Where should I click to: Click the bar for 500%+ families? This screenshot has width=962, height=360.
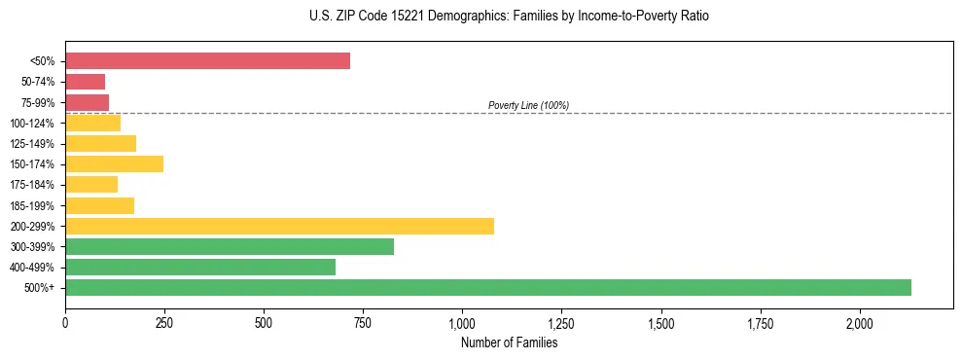point(487,287)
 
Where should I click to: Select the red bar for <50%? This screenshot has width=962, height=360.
point(207,61)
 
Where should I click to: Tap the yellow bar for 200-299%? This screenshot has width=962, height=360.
point(279,226)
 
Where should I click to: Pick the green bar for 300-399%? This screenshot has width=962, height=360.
point(230,246)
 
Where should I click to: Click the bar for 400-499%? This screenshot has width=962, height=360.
point(200,267)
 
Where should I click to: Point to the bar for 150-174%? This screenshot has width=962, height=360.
point(114,164)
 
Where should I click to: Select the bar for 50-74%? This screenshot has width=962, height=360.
point(85,82)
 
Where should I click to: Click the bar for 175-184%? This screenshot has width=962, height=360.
point(91,185)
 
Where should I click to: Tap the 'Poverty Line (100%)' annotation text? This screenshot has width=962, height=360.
point(528,105)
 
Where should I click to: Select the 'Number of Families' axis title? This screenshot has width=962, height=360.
point(509,342)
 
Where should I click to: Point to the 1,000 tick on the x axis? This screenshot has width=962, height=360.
point(462,322)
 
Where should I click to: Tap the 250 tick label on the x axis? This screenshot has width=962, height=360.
point(164,322)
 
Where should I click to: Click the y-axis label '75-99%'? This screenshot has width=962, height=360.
point(38,102)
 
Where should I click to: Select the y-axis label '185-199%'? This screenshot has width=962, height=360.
point(35,205)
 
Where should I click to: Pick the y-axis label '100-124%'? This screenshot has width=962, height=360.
point(35,124)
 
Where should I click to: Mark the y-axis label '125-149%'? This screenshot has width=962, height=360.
point(35,144)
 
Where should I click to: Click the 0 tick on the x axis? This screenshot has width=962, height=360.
point(65,322)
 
